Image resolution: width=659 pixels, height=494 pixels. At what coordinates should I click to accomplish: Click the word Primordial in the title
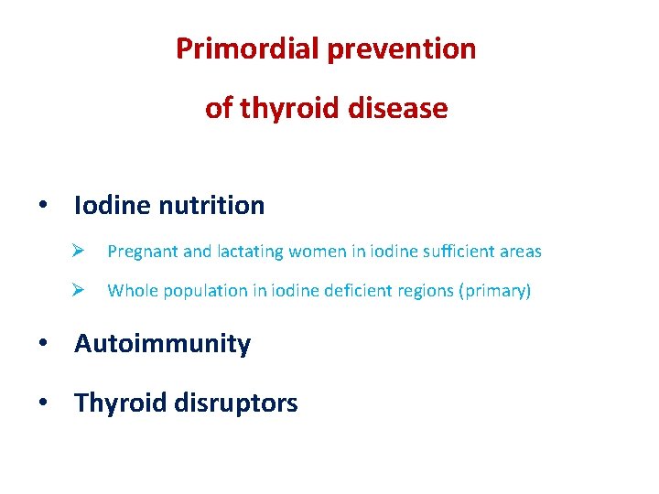point(246,48)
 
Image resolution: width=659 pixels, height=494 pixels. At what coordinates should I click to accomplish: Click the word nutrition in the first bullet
point(211,206)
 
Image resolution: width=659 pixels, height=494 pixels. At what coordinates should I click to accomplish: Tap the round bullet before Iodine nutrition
point(44,206)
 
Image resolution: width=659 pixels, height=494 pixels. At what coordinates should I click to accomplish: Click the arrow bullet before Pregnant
point(80,251)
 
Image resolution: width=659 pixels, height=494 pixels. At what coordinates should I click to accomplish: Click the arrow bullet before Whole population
point(80,291)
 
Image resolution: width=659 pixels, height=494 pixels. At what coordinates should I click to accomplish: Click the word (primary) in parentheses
point(495,292)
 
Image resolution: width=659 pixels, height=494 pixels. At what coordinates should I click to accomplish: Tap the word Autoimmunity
point(162,344)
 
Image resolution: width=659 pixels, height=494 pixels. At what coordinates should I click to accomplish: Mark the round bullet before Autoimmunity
point(44,344)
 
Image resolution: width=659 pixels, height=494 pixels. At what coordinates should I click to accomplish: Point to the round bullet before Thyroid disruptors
point(44,403)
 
